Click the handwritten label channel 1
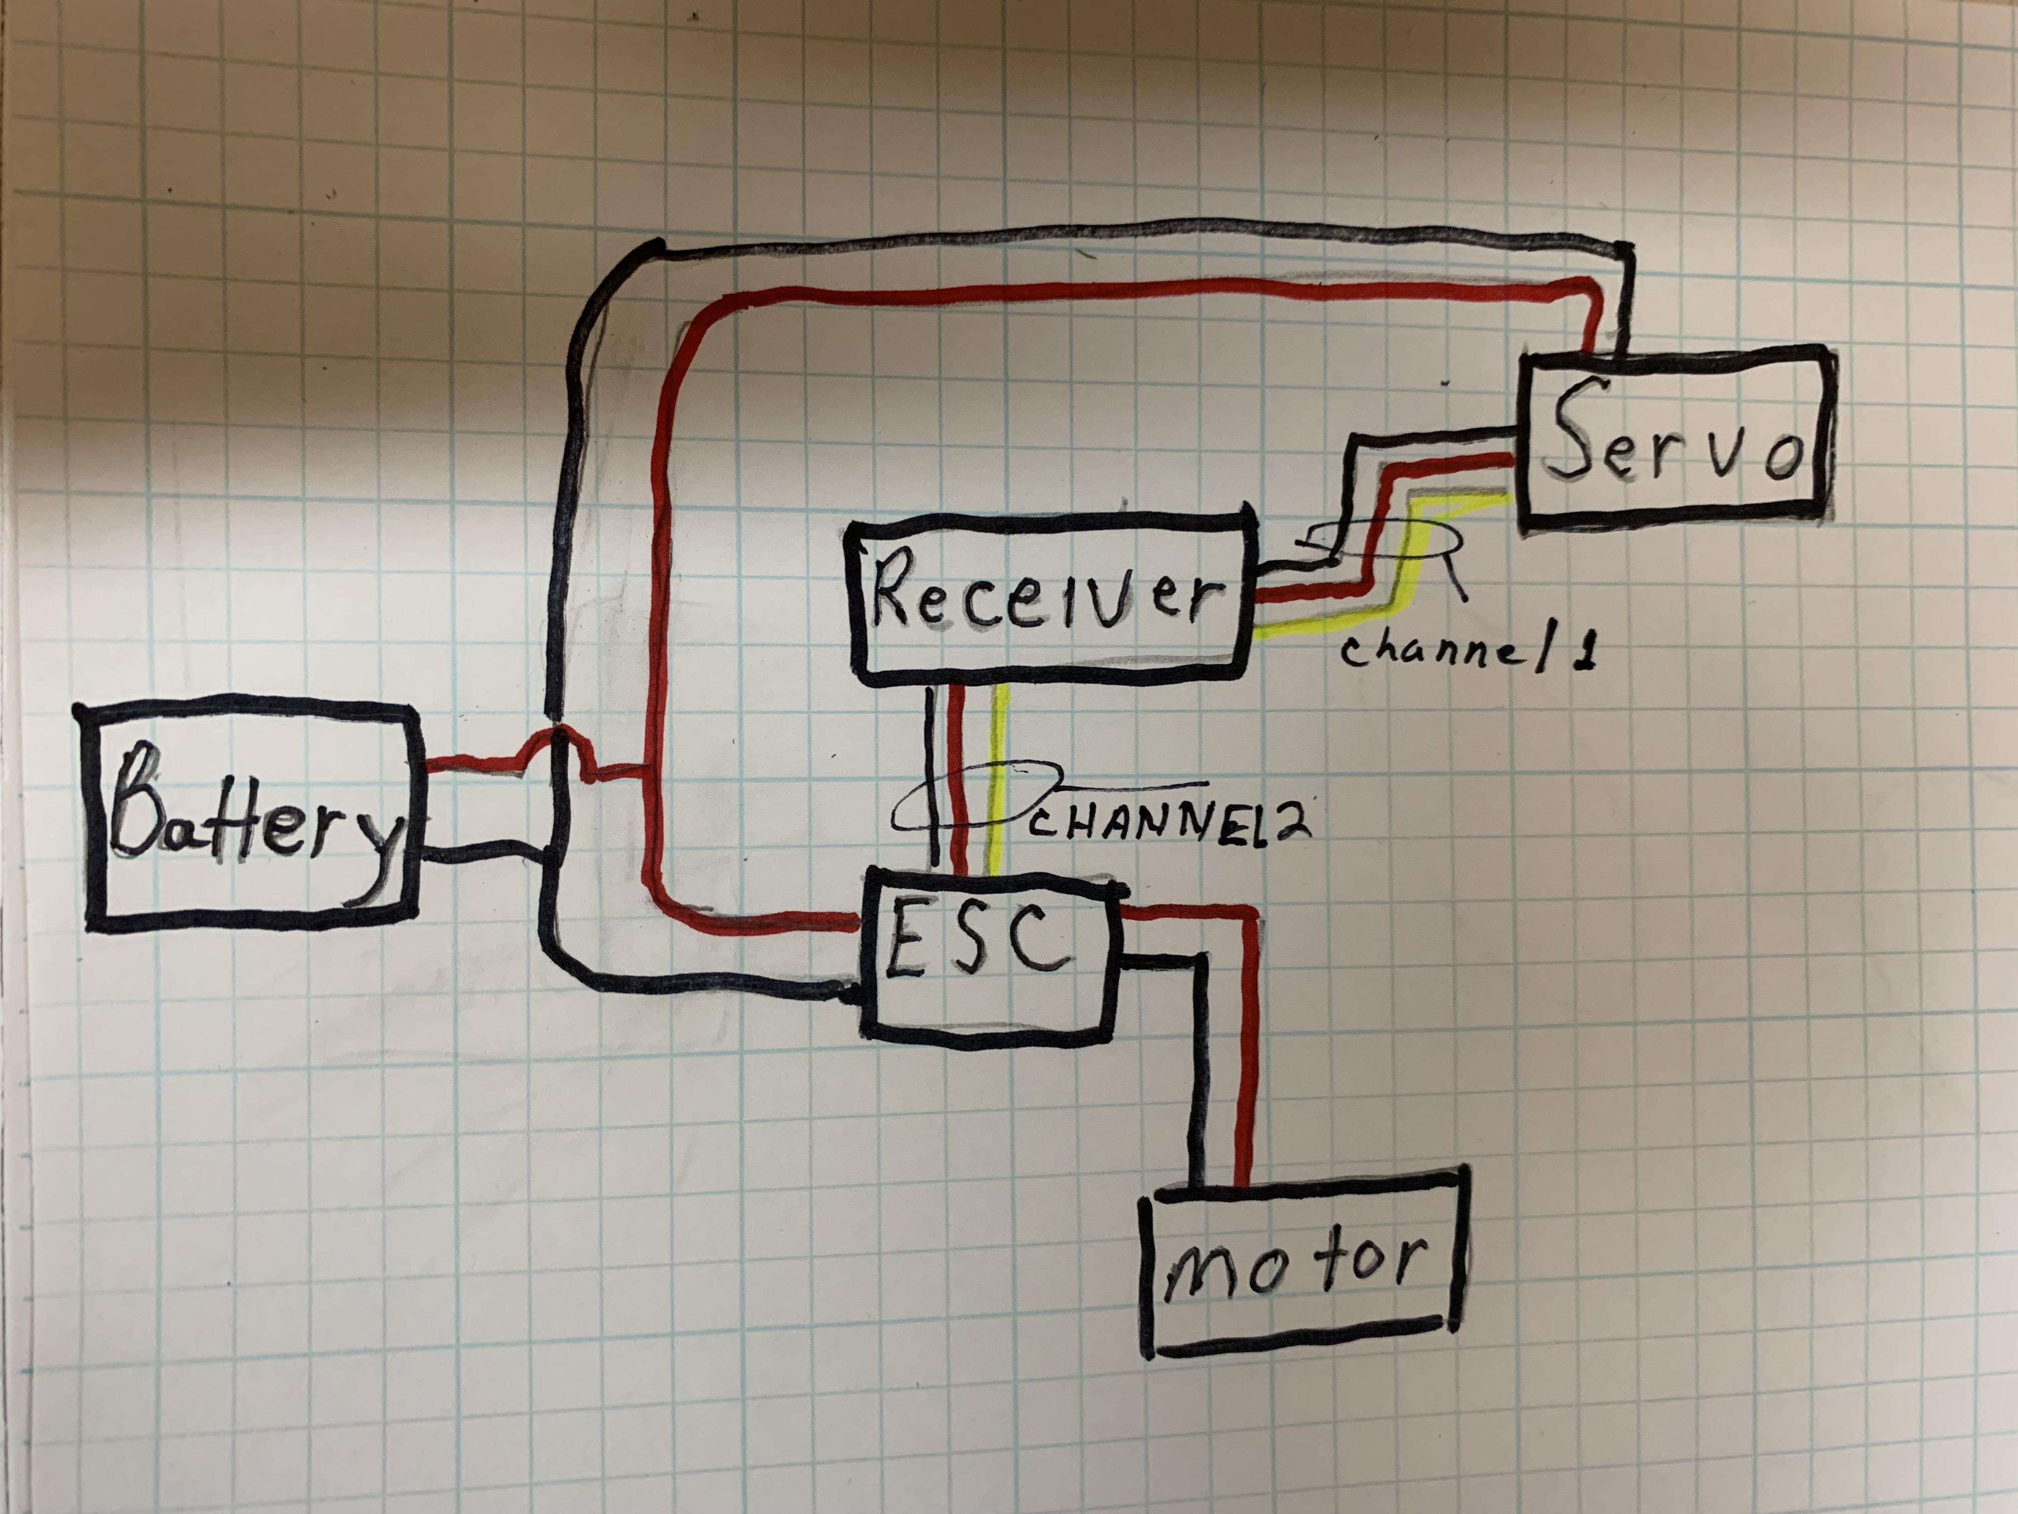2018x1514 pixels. [1469, 650]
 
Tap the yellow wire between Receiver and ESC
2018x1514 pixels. [1001, 776]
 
